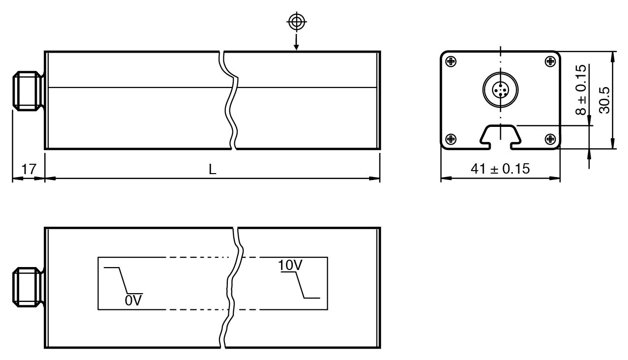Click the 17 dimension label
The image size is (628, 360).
point(29,169)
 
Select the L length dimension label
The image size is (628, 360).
point(212,169)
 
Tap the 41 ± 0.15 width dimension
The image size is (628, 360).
point(500,169)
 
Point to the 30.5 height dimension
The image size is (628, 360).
point(604,100)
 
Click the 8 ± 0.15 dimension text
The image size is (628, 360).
point(581,90)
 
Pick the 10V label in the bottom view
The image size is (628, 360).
point(289,266)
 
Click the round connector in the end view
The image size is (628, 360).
point(500,90)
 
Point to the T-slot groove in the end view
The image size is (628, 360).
point(500,136)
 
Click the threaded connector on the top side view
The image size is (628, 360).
point(28,91)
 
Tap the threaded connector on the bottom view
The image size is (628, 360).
point(28,287)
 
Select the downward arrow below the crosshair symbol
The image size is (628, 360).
point(296,42)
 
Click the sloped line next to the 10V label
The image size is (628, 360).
point(300,285)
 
